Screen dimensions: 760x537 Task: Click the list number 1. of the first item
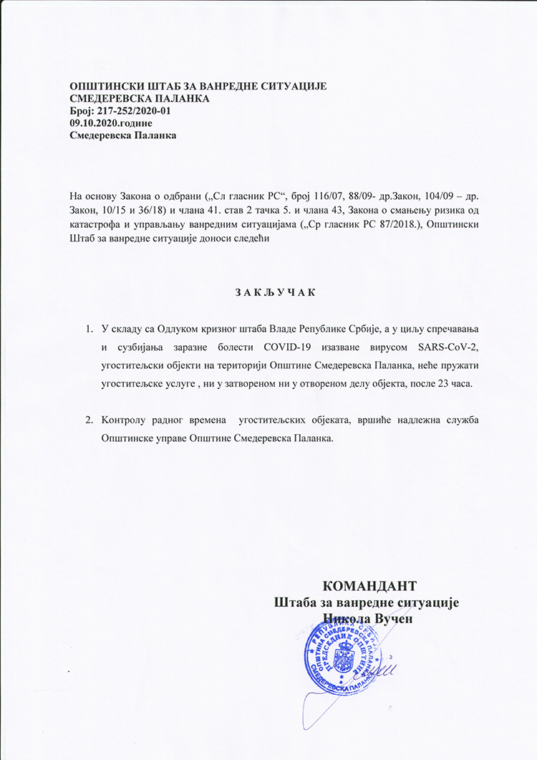coord(89,329)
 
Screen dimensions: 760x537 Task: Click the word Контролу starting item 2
coord(126,419)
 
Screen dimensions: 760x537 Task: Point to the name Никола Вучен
coord(369,617)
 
